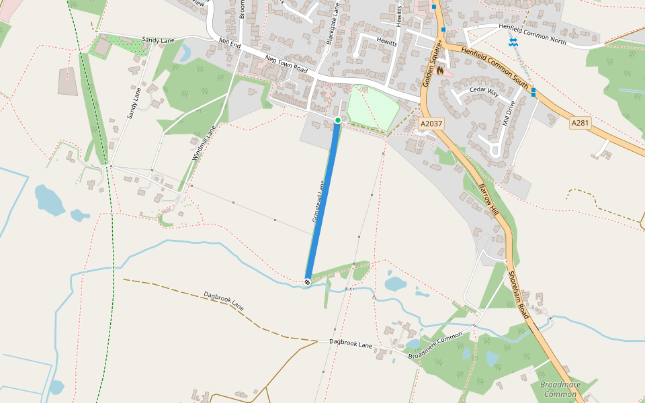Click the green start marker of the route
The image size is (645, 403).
338,120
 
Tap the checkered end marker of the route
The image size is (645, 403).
308,282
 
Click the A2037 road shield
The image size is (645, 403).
431,124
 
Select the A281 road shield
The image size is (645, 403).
580,123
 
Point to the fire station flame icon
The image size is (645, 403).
440,70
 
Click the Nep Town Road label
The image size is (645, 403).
286,64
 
